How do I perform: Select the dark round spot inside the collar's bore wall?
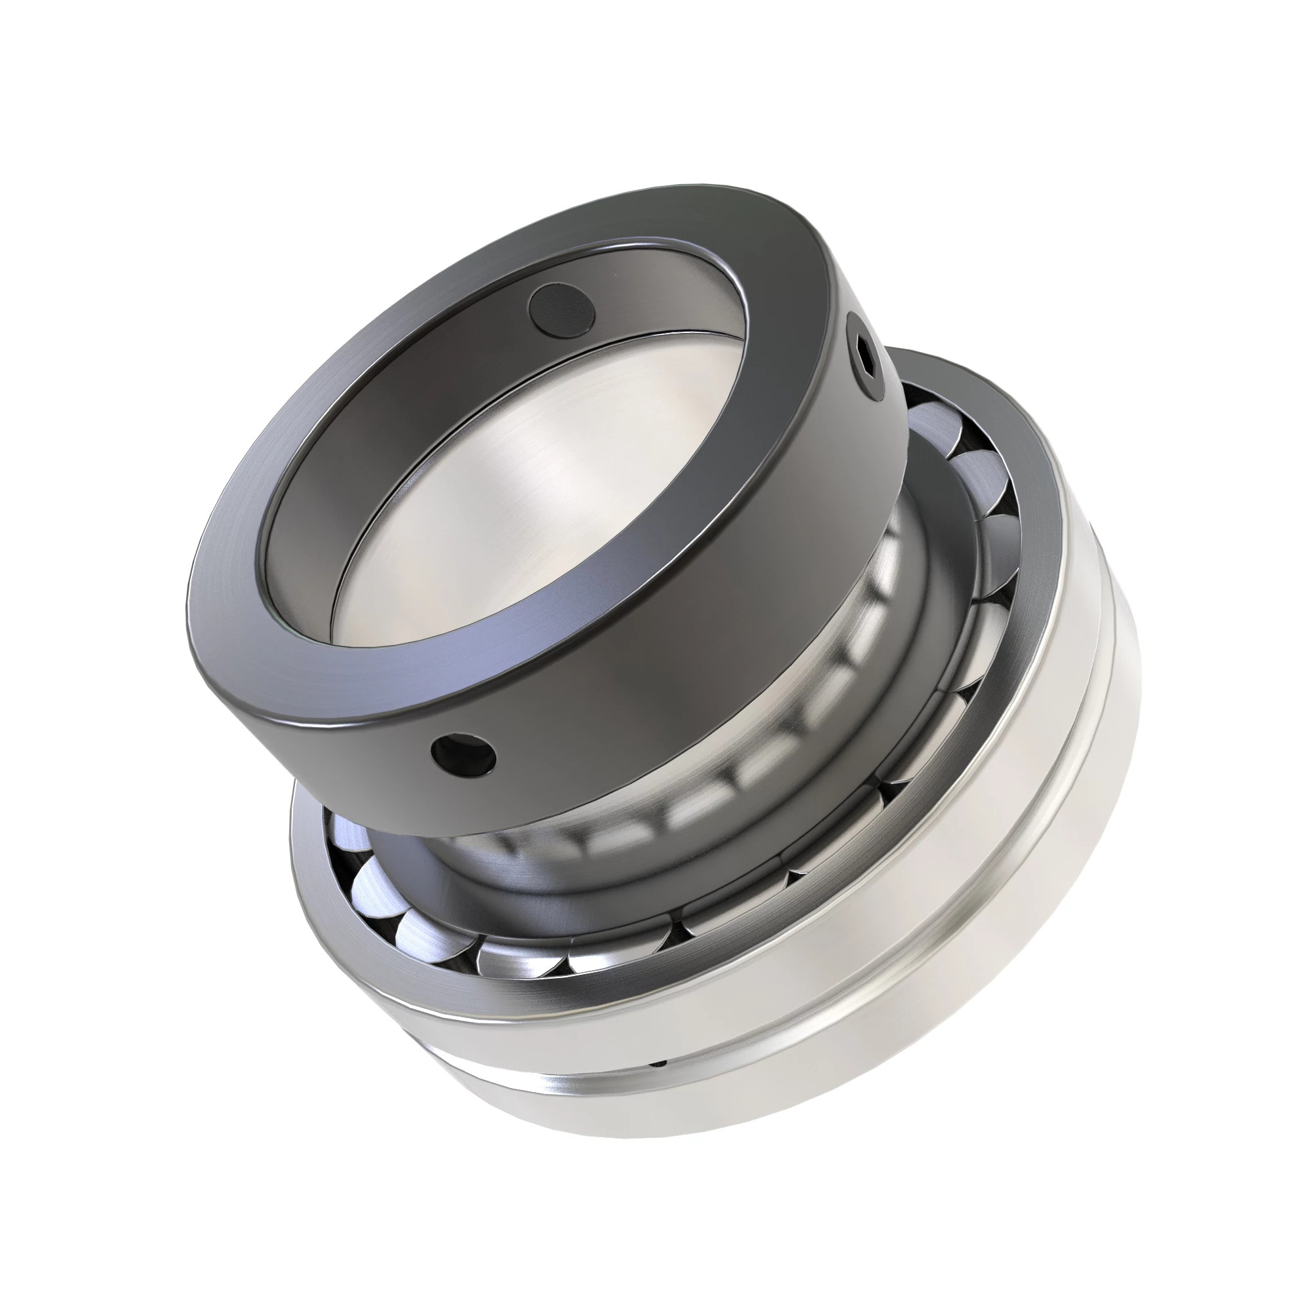point(562,310)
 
